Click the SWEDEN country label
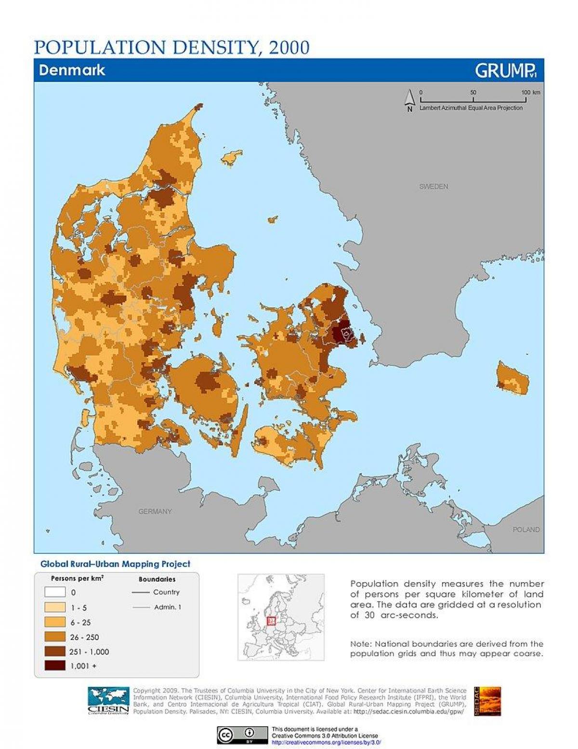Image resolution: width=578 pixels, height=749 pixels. (x=433, y=187)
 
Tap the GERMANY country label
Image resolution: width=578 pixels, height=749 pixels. (x=155, y=511)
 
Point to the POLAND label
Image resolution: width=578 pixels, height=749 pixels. (x=526, y=530)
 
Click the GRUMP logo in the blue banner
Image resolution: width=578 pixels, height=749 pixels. (x=505, y=71)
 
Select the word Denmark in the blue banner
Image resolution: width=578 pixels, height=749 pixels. (x=72, y=70)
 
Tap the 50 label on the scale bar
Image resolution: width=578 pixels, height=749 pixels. (x=473, y=92)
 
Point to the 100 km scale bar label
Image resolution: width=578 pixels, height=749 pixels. (x=530, y=92)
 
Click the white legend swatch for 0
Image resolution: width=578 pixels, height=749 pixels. (x=55, y=592)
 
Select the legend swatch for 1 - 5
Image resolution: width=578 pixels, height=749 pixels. (x=55, y=607)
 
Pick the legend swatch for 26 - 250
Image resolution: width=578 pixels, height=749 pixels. (x=55, y=637)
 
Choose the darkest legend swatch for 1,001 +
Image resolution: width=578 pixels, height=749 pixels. (x=55, y=666)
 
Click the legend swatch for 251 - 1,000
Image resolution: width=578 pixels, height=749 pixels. (x=55, y=652)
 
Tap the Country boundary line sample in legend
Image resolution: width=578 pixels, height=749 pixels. (x=140, y=592)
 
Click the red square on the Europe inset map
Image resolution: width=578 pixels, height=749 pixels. (x=271, y=620)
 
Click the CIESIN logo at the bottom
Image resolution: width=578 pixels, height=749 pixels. (x=108, y=702)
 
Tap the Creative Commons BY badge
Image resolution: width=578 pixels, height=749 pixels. (x=242, y=735)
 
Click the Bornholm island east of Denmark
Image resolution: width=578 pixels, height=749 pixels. (x=513, y=378)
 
